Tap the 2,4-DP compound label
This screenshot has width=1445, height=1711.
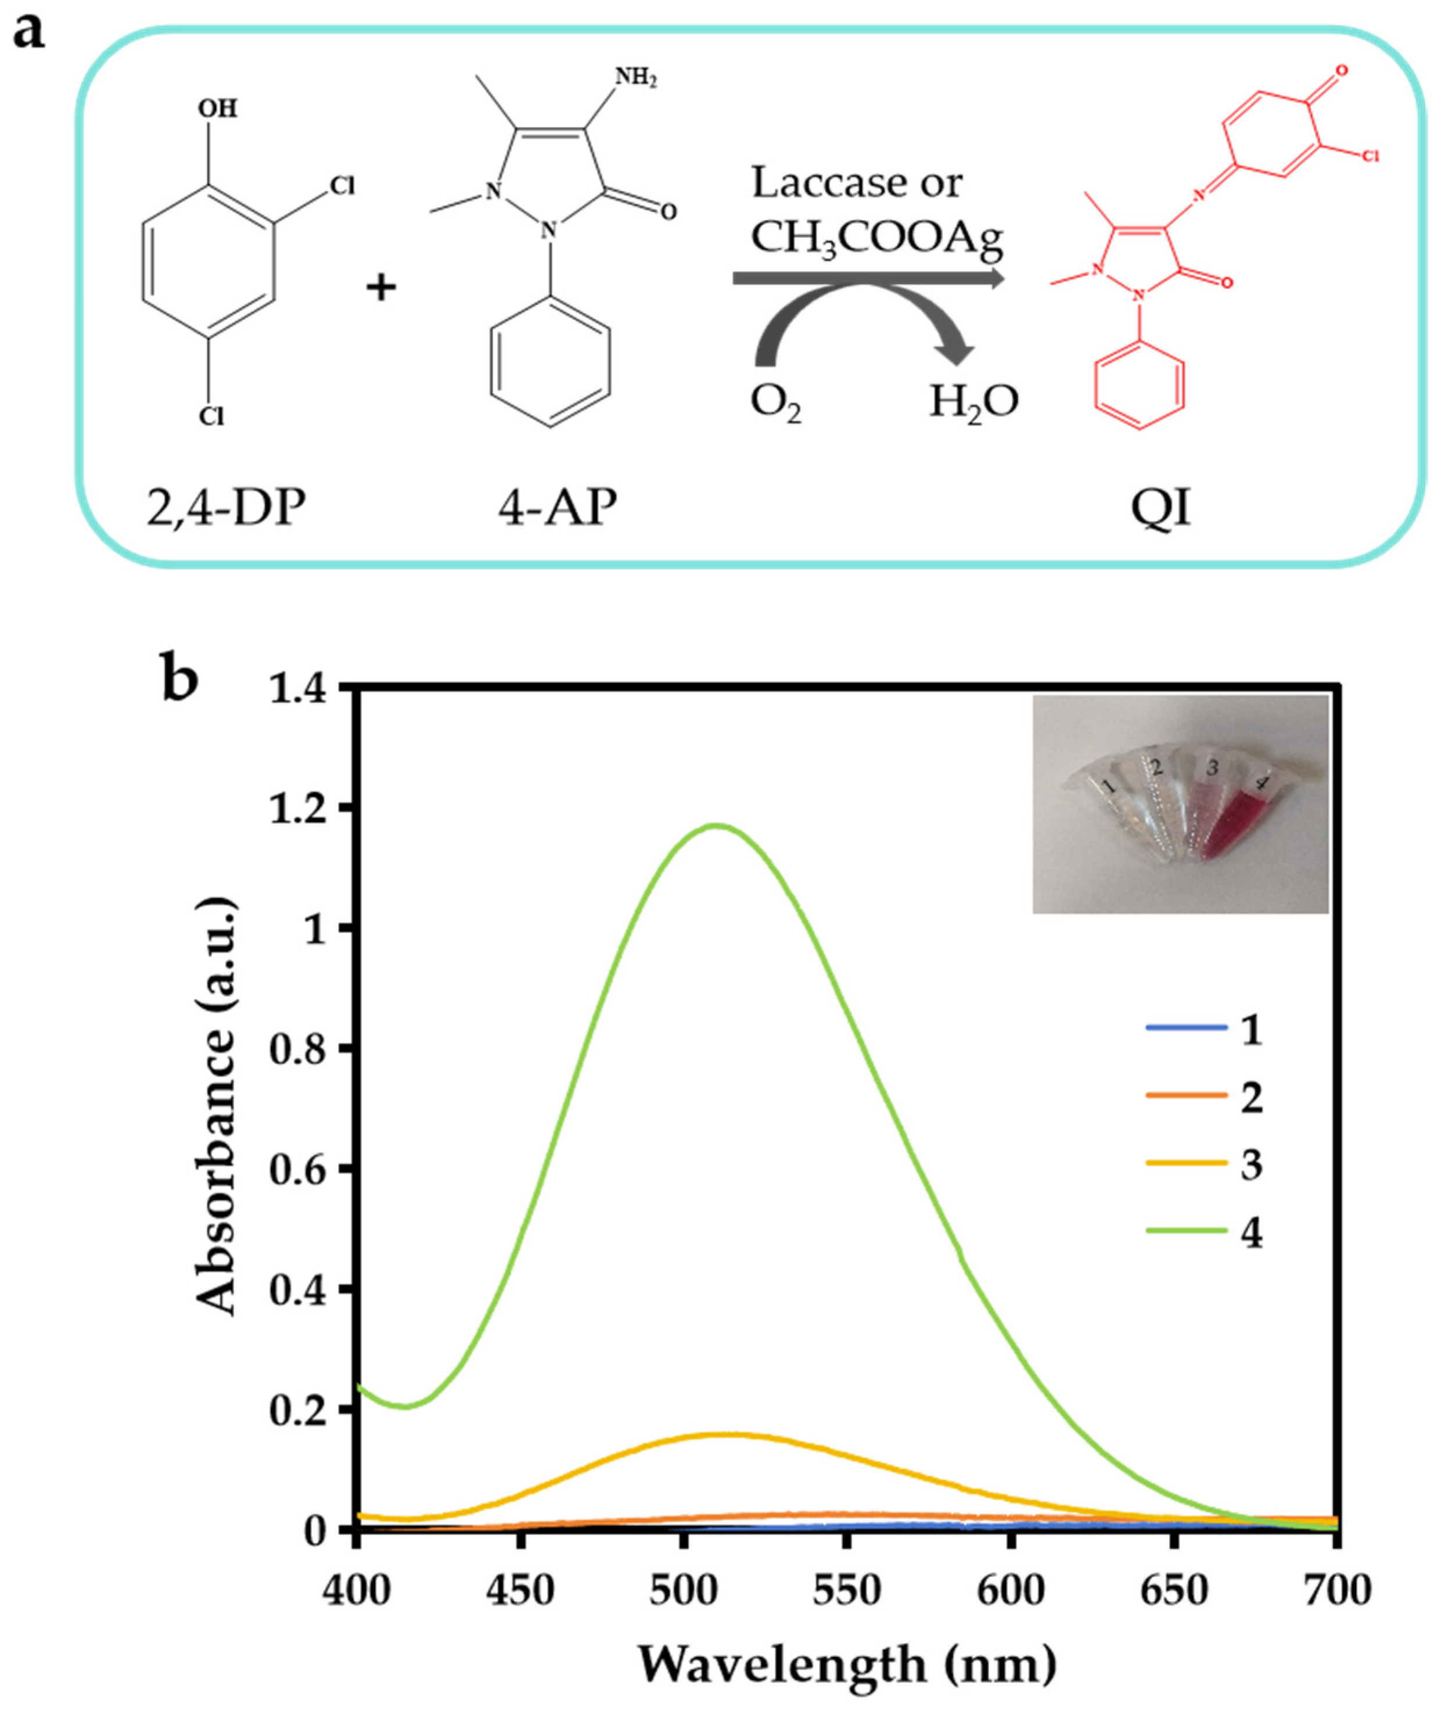point(225,508)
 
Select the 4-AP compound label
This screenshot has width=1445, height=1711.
point(557,508)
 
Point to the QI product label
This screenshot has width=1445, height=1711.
point(1161,508)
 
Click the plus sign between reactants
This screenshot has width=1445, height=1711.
point(381,287)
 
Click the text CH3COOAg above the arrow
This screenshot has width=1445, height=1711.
point(876,238)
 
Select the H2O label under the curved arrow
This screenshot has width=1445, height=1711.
point(973,402)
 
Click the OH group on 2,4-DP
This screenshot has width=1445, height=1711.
point(217,108)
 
